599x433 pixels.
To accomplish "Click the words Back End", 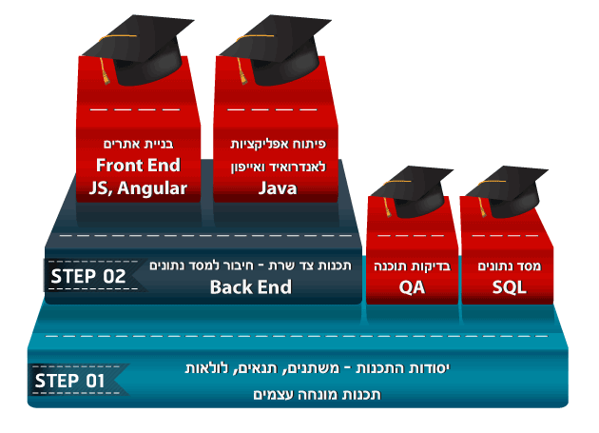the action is [x=251, y=286].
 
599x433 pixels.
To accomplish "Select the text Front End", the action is [x=138, y=166].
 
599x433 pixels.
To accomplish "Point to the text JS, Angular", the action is [x=138, y=188].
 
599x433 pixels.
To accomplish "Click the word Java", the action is [x=278, y=188].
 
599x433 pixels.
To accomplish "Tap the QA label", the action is [x=412, y=287].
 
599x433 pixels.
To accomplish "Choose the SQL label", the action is [x=509, y=287].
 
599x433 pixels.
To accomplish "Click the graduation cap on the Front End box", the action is [x=138, y=49].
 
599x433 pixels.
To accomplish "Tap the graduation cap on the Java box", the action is [x=275, y=49].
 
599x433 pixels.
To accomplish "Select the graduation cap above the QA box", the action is [x=412, y=192].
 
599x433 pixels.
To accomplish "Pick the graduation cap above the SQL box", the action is [x=507, y=192].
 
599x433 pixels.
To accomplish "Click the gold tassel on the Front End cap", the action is [x=105, y=70].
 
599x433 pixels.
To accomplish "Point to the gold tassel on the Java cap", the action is [x=242, y=70].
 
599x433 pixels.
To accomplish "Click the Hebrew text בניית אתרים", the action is [x=138, y=145].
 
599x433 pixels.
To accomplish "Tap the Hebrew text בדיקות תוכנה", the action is [x=413, y=266].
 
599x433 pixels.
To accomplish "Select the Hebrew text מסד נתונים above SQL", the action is [x=510, y=266].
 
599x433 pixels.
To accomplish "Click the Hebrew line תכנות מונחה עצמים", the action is [x=317, y=394].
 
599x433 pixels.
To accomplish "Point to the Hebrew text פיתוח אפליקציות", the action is [x=278, y=145].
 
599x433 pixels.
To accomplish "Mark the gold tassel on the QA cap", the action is [x=388, y=207].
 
